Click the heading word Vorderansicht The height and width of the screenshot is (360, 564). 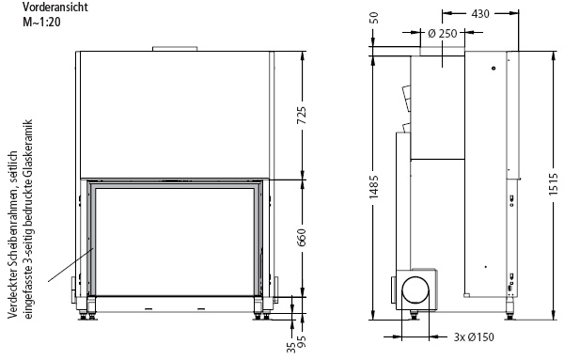[55, 7]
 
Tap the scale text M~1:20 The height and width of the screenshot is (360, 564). [42, 22]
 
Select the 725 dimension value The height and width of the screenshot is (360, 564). [302, 116]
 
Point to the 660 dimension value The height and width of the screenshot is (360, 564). [302, 238]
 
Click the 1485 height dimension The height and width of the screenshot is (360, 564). [374, 187]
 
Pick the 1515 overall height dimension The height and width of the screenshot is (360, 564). [555, 184]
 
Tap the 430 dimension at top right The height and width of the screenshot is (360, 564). [480, 14]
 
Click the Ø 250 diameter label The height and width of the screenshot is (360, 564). [443, 34]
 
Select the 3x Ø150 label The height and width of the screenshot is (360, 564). [474, 337]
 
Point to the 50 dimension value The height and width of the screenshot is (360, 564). [374, 18]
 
